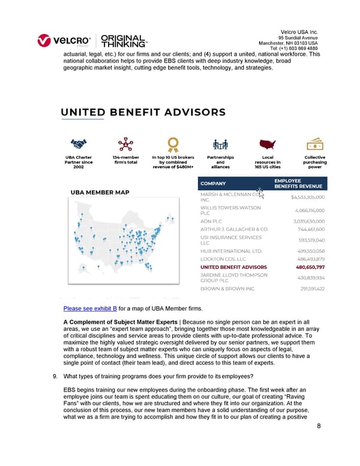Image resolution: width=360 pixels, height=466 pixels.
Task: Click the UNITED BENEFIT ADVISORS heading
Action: (x=143, y=112)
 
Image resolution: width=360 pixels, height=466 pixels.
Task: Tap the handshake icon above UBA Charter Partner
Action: (x=78, y=144)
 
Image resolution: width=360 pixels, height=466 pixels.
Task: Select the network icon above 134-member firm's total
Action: (x=125, y=144)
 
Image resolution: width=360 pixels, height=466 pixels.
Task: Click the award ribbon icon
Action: (x=173, y=144)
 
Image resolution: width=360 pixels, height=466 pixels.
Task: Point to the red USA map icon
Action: (x=268, y=144)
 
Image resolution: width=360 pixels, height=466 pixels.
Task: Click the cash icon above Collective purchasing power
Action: (x=314, y=144)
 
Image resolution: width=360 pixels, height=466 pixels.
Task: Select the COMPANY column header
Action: (x=214, y=184)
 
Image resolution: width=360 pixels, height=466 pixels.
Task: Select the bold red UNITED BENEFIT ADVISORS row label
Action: (x=233, y=267)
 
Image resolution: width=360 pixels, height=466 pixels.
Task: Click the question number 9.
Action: (x=56, y=377)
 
